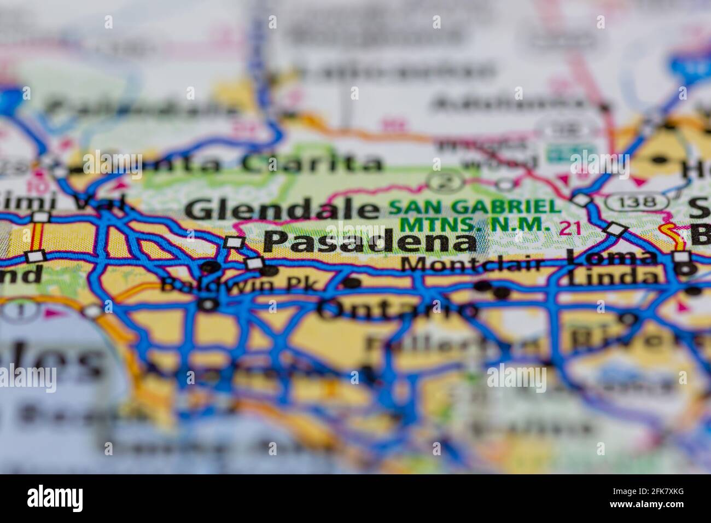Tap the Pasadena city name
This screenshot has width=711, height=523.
(369, 241)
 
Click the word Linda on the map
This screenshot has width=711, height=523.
(613, 277)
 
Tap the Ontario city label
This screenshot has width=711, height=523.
(397, 310)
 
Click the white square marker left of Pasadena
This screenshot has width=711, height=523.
(234, 242)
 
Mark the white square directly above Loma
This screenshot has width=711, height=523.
(617, 229)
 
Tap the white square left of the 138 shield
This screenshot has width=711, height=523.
(581, 200)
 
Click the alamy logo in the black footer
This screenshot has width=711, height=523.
(55, 498)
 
